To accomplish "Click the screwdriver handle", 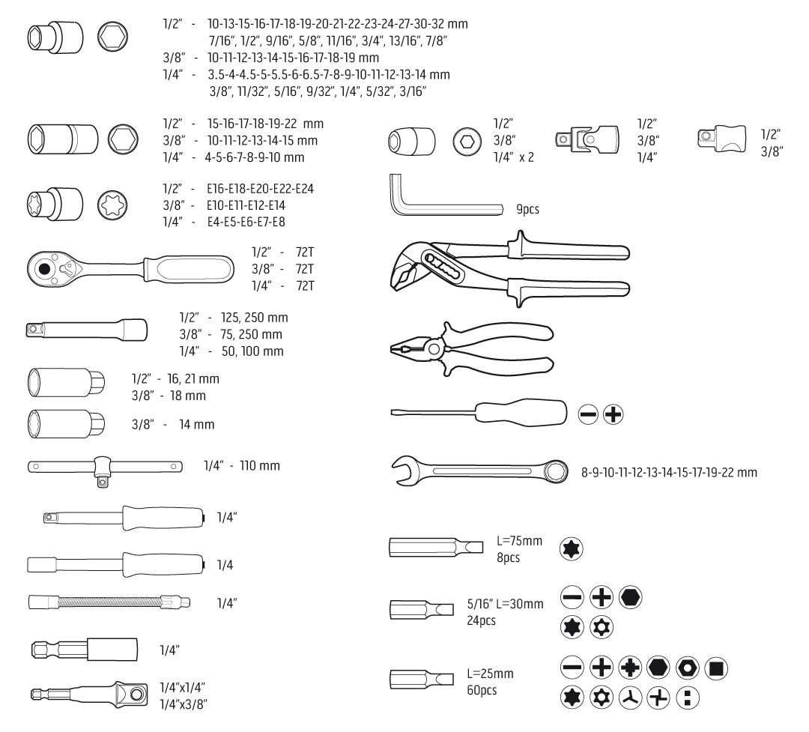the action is (x=521, y=413).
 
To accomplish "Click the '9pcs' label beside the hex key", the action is (x=527, y=209).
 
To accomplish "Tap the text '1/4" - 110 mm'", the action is (x=241, y=465).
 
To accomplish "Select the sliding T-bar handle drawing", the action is (x=105, y=468).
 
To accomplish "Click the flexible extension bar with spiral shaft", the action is (x=109, y=602).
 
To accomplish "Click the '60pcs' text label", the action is (x=482, y=690).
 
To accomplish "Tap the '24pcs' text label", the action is (x=481, y=620).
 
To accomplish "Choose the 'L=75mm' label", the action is (x=519, y=540).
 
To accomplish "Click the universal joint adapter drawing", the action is (x=587, y=139).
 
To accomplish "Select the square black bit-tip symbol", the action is (x=715, y=668).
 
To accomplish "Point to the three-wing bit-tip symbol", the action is (x=630, y=698).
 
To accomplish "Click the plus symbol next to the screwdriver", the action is (x=613, y=414).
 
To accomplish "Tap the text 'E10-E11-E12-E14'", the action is (x=246, y=205).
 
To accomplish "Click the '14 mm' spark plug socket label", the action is (x=196, y=424).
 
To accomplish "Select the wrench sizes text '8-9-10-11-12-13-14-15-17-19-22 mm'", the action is (x=669, y=472).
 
